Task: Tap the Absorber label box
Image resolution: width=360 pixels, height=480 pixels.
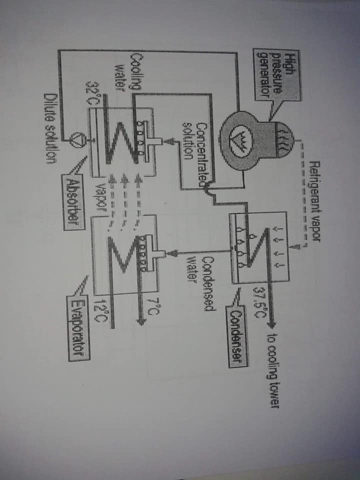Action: (x=73, y=202)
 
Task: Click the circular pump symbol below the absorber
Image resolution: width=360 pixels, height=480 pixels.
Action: (x=74, y=140)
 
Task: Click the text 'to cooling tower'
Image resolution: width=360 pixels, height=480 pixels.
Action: (x=273, y=371)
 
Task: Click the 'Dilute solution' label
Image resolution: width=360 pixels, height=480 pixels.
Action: (x=50, y=128)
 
